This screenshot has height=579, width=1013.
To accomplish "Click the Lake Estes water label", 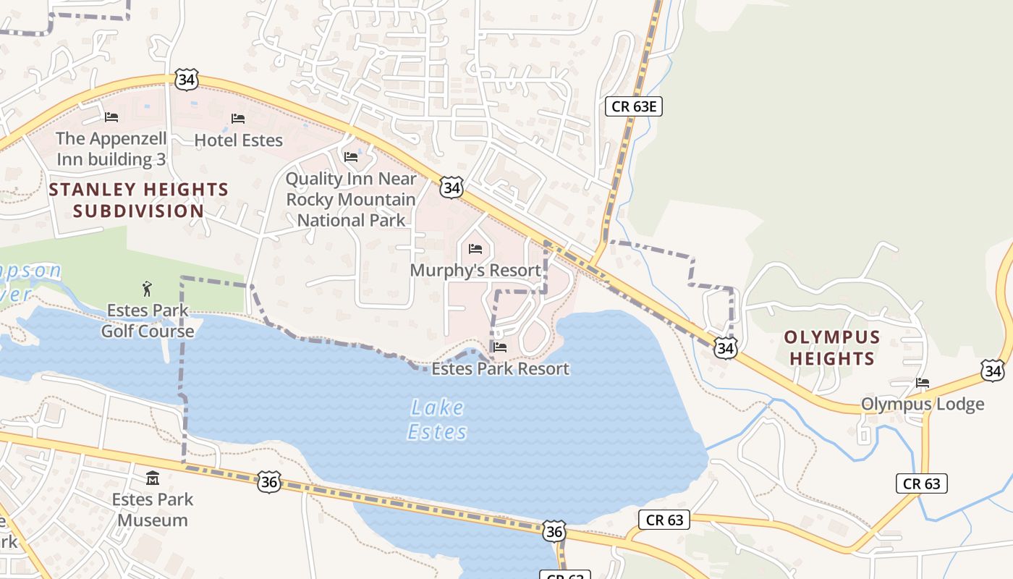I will click(x=437, y=420).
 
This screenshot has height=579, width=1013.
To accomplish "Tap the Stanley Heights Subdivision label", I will click(x=138, y=200).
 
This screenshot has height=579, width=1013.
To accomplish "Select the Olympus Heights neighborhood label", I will click(x=832, y=347).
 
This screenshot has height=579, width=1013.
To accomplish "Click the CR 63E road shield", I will click(x=634, y=107).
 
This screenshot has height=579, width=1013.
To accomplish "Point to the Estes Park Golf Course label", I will click(x=148, y=321).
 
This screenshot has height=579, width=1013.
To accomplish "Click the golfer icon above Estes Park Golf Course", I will click(x=148, y=289).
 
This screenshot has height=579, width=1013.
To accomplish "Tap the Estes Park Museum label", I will click(x=153, y=510).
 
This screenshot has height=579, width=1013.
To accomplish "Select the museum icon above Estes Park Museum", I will click(x=153, y=478).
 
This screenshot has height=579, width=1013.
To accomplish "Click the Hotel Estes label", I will click(x=239, y=140).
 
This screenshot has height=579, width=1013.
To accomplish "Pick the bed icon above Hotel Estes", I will click(x=238, y=118).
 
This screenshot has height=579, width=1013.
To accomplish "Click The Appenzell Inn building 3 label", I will click(x=111, y=148).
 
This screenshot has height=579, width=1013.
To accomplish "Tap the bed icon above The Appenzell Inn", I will click(x=111, y=117).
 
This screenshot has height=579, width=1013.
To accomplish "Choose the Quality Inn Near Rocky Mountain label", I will click(x=352, y=199).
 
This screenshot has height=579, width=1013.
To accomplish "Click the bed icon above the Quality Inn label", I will click(x=352, y=156).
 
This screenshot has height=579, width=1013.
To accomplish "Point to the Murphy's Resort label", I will click(x=475, y=270).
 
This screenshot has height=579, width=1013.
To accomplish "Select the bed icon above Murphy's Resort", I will click(x=475, y=249).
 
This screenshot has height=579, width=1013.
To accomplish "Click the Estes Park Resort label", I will click(x=500, y=368).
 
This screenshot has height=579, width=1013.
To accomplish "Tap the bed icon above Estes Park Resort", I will click(x=499, y=347).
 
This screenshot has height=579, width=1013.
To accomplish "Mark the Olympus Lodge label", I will click(x=923, y=404).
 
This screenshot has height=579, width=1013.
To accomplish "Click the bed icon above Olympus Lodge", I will click(x=922, y=382).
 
